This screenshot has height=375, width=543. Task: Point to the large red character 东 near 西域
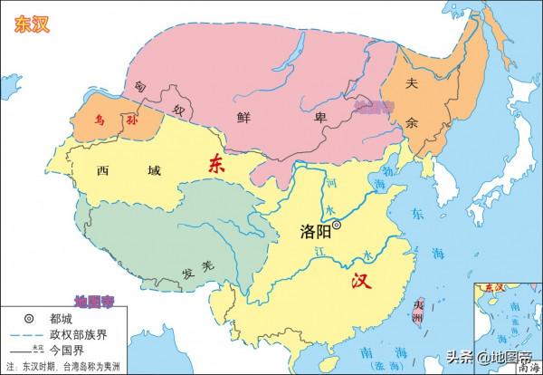[216, 164]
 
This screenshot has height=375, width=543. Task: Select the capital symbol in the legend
[29, 318]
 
